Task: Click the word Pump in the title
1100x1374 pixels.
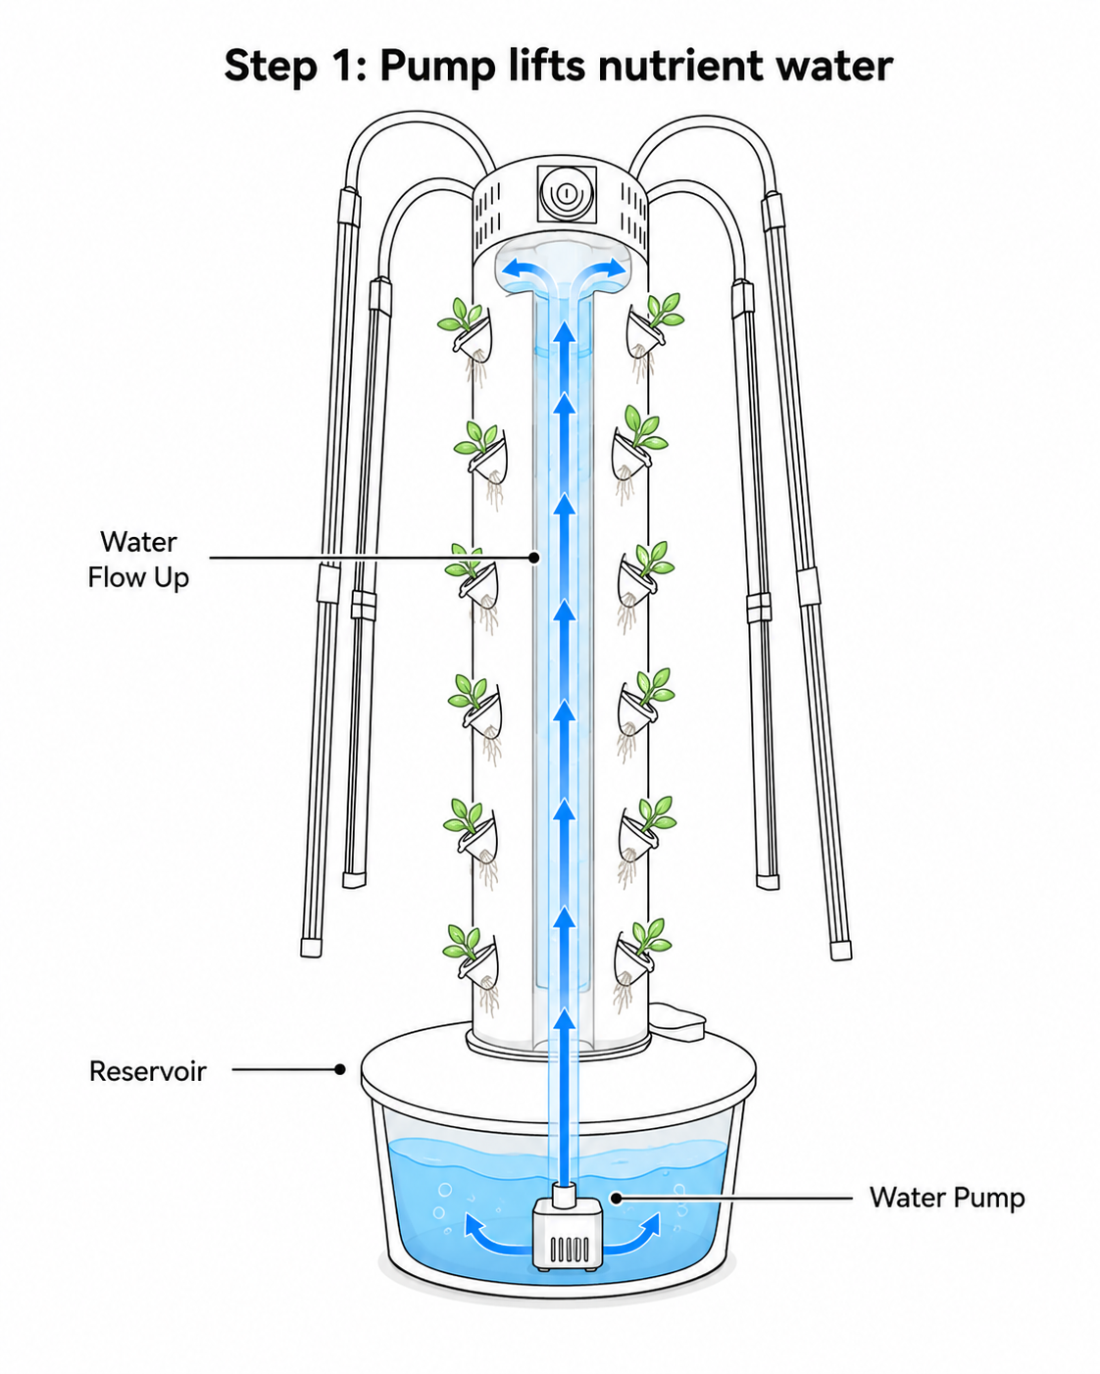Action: point(437,66)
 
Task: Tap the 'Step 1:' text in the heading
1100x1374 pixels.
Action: point(295,66)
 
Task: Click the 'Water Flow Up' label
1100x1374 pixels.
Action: point(138,560)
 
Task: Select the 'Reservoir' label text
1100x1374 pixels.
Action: point(148,1071)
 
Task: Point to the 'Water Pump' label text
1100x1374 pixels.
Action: point(947,1198)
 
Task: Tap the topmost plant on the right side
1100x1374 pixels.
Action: point(653,335)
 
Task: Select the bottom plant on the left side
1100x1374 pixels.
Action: point(473,967)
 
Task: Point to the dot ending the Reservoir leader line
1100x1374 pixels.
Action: point(340,1069)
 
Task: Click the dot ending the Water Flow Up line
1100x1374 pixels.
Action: point(534,558)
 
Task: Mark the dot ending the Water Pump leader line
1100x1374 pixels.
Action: point(617,1198)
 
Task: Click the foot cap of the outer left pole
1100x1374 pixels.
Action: point(311,948)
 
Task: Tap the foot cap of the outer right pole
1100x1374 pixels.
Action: point(840,951)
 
